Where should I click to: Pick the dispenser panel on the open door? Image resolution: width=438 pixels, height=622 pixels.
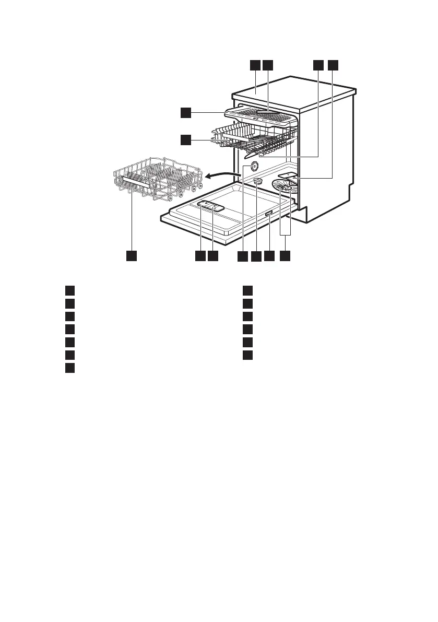point(211,206)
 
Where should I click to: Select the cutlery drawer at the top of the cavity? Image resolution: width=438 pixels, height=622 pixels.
point(261,118)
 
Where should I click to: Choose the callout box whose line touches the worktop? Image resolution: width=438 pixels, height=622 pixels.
point(255,65)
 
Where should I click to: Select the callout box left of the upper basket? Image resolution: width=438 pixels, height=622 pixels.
point(186,139)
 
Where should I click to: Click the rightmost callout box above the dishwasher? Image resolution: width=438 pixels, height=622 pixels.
point(333,65)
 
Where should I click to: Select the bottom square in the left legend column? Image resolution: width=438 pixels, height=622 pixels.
point(70,368)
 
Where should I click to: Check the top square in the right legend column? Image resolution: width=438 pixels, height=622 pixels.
point(248,290)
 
